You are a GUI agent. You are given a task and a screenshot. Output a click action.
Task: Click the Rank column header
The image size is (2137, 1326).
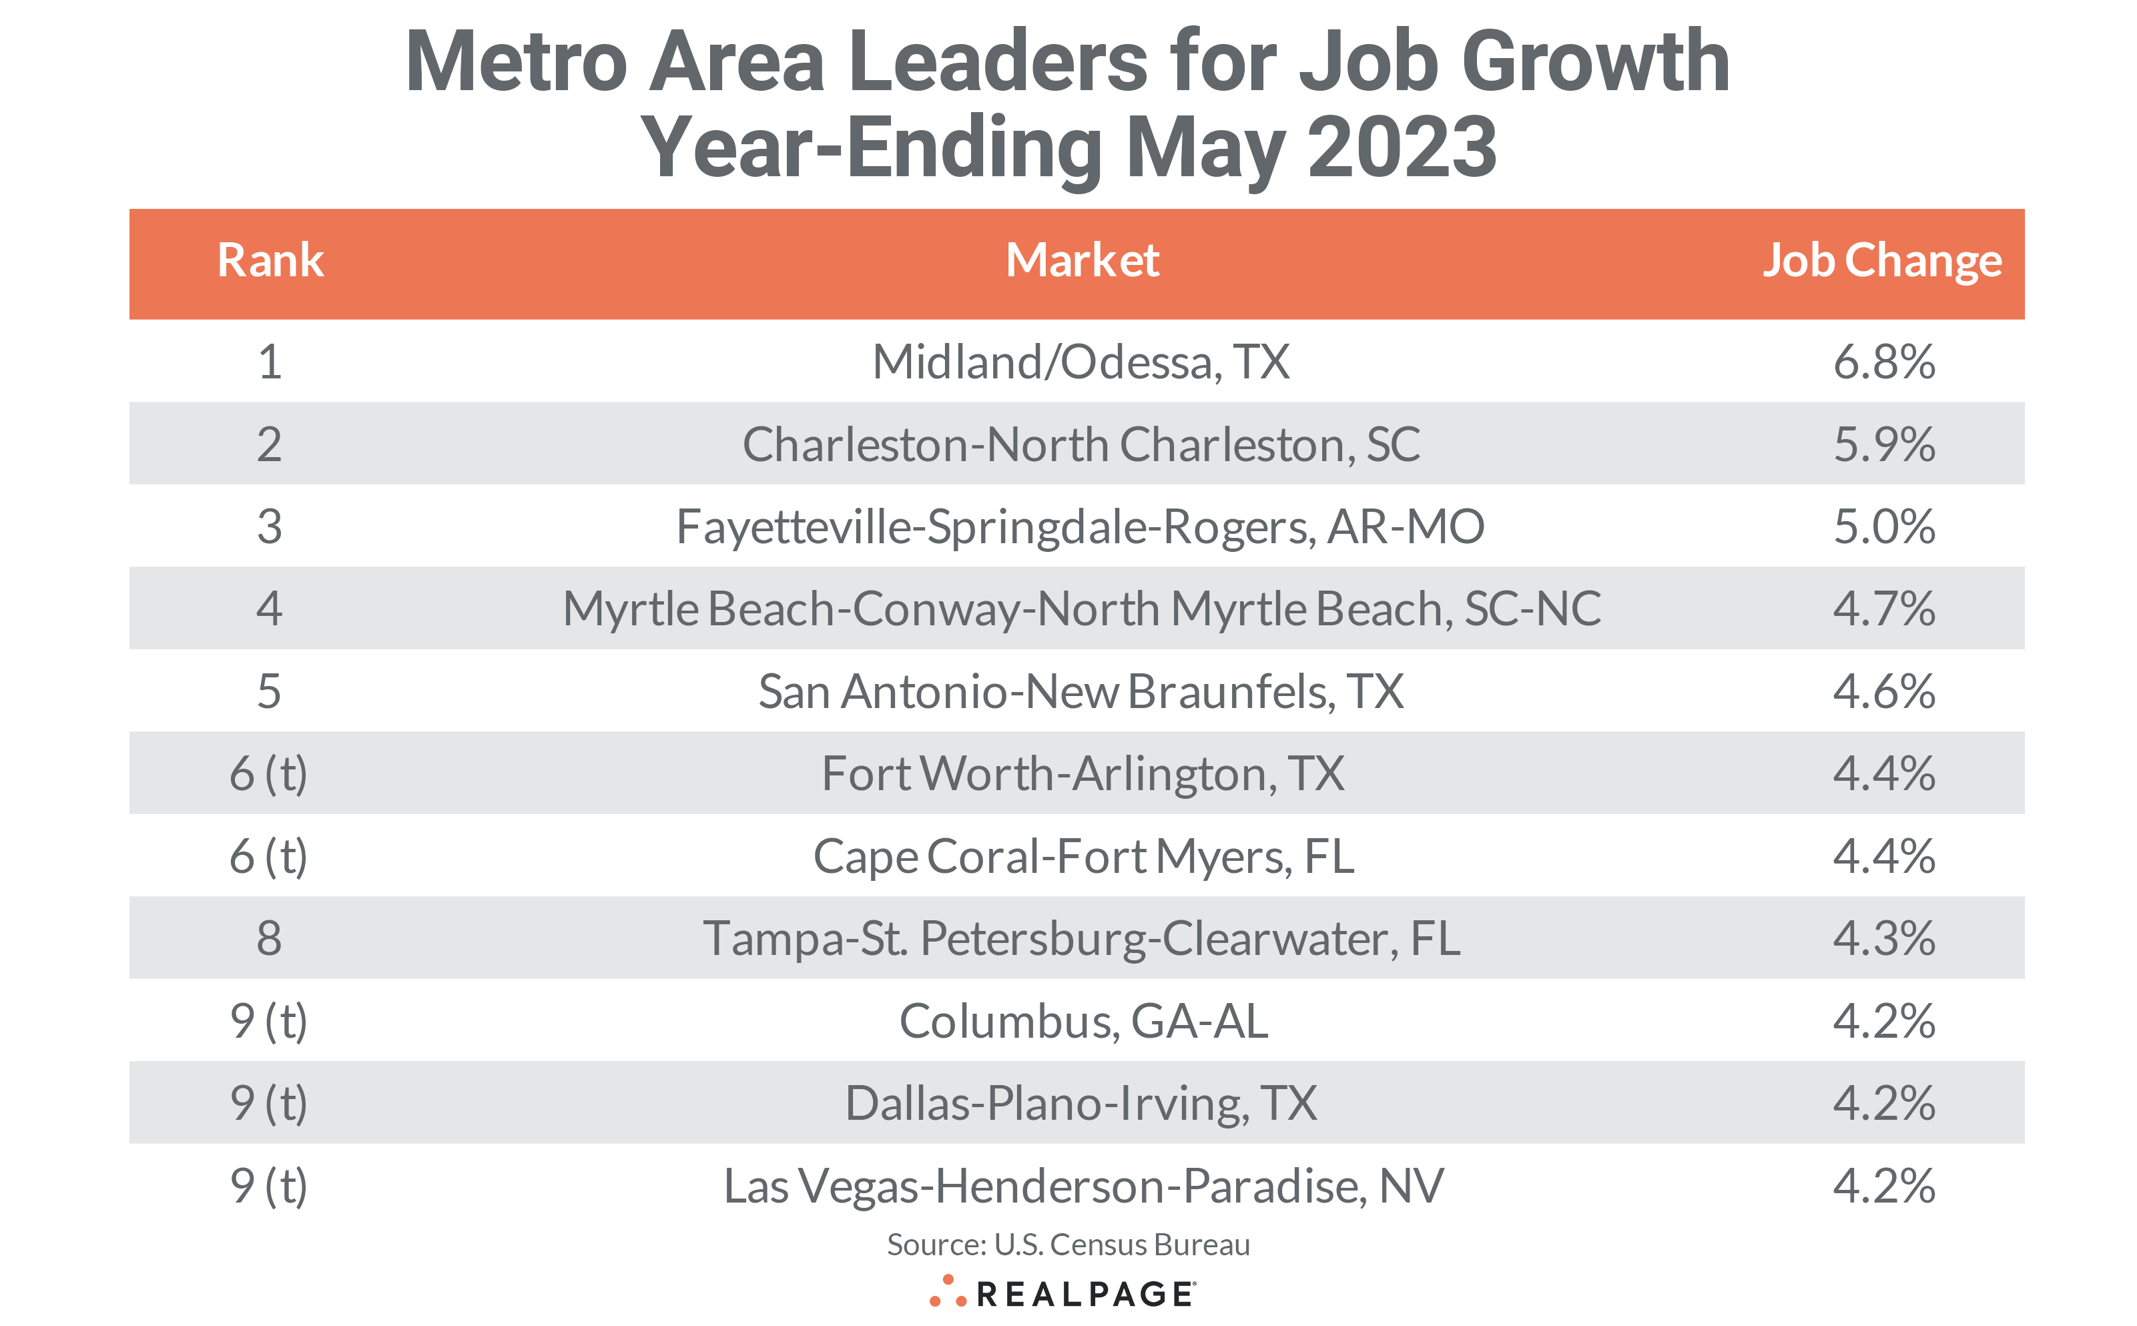(x=270, y=260)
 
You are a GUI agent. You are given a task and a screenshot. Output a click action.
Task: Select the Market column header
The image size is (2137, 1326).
(x=1082, y=260)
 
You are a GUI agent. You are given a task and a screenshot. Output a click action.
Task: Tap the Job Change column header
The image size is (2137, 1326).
(x=1882, y=260)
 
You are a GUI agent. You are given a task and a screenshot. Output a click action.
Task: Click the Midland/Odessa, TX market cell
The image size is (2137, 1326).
(x=1081, y=361)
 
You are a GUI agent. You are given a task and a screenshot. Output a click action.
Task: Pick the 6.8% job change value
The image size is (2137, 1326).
(x=1883, y=361)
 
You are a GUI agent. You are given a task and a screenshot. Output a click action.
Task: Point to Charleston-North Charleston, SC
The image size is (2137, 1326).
(x=1081, y=444)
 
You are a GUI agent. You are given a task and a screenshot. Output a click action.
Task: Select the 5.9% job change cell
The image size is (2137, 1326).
(x=1883, y=444)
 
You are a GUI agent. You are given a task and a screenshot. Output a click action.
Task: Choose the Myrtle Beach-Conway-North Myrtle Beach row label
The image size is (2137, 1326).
(x=1081, y=609)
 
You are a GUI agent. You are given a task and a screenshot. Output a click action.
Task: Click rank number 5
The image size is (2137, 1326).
(x=269, y=691)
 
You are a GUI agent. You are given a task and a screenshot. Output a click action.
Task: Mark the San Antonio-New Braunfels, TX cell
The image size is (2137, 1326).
(x=1081, y=691)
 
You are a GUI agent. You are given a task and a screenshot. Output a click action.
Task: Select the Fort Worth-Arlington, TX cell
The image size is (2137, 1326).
(x=1082, y=773)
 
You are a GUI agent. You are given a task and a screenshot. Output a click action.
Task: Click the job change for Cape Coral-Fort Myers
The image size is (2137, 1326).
(x=1883, y=856)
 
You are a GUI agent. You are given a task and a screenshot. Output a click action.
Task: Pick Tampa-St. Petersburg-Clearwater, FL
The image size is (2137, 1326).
(x=1081, y=938)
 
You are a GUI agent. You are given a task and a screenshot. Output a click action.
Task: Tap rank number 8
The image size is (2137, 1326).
(x=269, y=938)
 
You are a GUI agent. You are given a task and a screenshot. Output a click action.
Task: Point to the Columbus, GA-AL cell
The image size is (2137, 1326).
(x=1083, y=1021)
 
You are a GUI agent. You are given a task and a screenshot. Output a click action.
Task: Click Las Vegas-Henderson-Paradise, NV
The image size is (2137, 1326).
(x=1083, y=1186)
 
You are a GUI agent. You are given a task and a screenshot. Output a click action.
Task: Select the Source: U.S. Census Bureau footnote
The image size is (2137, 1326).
(x=1068, y=1245)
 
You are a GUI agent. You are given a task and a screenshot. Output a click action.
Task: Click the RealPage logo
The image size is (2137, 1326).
(x=1062, y=1293)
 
